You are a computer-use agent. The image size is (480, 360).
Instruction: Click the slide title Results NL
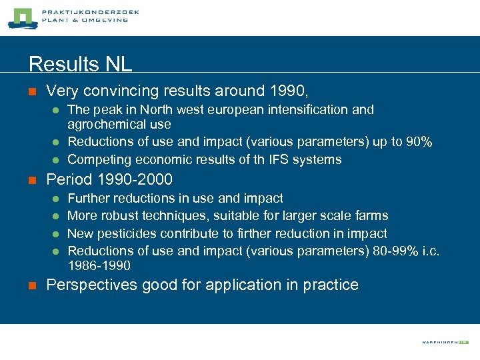tap(81, 64)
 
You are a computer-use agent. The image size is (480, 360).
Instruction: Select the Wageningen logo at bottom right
tap(445, 342)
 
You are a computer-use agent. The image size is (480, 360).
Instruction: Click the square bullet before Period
tap(31, 180)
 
